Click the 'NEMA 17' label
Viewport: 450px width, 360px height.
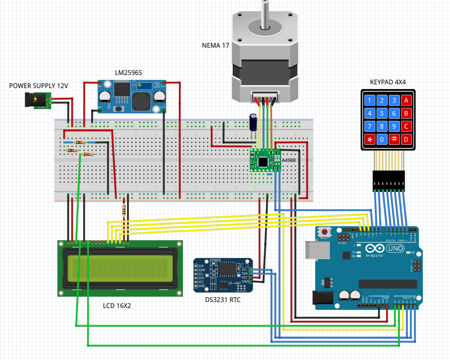coord(216,46)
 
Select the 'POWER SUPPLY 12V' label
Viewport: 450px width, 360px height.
coord(38,86)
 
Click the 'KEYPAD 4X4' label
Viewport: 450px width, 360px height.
coord(388,82)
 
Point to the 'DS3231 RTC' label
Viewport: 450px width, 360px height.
coord(223,300)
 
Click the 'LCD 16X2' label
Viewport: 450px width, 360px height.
coord(117,306)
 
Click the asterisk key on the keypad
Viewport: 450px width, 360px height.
coord(370,140)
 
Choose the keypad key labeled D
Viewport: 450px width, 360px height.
coord(407,140)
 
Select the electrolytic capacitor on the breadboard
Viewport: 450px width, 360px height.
coord(253,123)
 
